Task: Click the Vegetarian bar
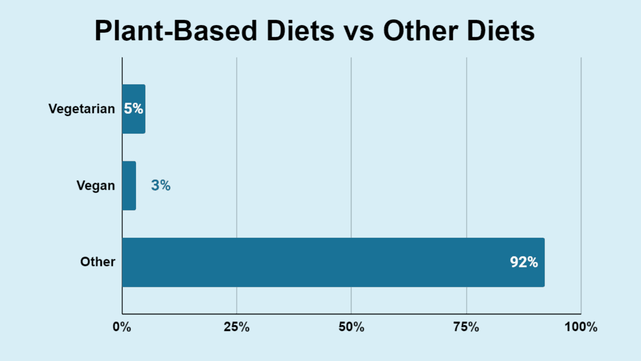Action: (134, 121)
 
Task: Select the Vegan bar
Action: (129, 186)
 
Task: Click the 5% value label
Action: (134, 109)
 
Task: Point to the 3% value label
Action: (161, 185)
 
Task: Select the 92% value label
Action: (524, 262)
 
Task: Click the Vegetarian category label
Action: (81, 109)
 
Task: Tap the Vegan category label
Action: (96, 186)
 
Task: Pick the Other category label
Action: (98, 262)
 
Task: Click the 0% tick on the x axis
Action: (122, 327)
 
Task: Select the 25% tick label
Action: (237, 327)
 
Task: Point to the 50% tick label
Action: (351, 327)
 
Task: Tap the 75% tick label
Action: (466, 327)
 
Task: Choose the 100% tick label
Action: (581, 327)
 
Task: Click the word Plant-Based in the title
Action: (176, 31)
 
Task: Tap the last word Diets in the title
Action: (501, 31)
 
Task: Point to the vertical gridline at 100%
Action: (581, 167)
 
